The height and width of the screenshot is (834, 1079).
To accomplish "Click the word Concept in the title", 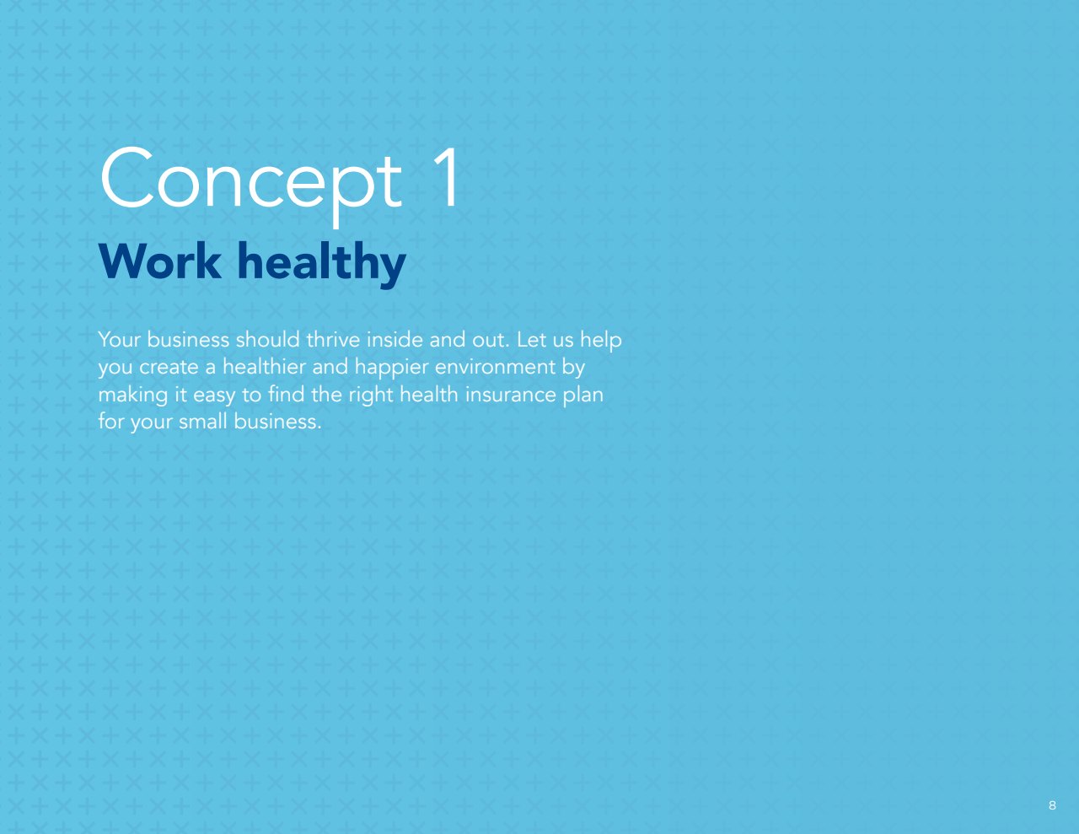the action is [x=250, y=186].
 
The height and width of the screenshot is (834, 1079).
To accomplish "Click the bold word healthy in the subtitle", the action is [x=322, y=264].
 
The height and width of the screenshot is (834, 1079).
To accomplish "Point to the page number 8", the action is [x=1052, y=805].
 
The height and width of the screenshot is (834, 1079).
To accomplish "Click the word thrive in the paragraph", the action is [x=333, y=340].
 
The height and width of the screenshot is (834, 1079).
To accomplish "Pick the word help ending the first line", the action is [x=601, y=342].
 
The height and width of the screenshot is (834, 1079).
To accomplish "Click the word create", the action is [x=169, y=368].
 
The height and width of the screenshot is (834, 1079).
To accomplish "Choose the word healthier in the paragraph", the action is [x=264, y=367].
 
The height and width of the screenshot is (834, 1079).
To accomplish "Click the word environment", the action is [x=495, y=367].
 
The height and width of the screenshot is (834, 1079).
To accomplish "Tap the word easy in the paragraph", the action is [x=214, y=396].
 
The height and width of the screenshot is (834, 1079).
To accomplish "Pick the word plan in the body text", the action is [x=583, y=395].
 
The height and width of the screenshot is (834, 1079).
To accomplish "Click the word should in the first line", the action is [x=267, y=340].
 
